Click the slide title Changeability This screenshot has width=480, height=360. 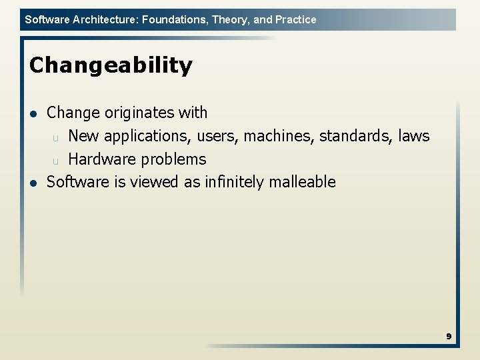click(111, 65)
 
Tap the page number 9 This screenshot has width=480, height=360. click(449, 337)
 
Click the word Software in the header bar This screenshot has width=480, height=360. click(47, 19)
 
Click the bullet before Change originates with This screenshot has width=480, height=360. click(33, 113)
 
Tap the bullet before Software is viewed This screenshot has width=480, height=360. click(33, 183)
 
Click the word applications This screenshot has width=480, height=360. click(150, 137)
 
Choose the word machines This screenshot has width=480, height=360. click(279, 136)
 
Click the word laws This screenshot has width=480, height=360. click(414, 136)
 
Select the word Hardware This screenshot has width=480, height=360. click(101, 159)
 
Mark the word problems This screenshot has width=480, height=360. click(173, 160)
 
